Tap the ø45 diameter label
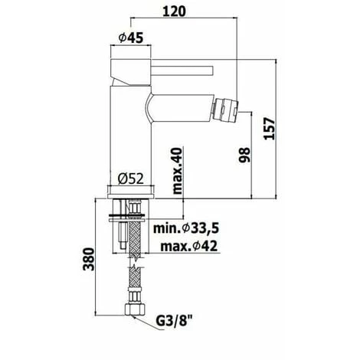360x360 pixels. [133, 37]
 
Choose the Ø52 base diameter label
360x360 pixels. [132, 178]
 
